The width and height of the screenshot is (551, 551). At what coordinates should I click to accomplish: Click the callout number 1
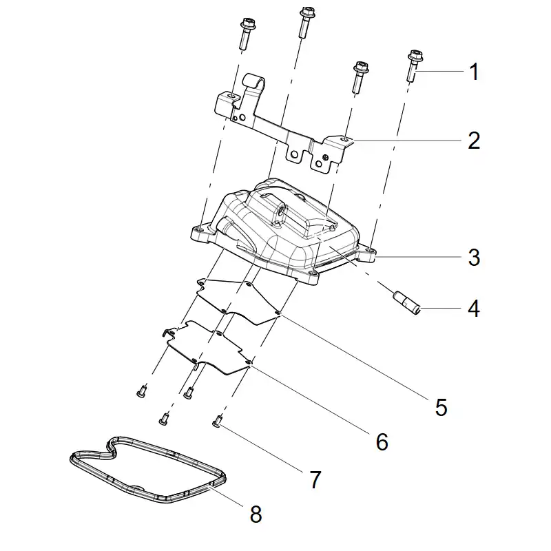[x=474, y=72]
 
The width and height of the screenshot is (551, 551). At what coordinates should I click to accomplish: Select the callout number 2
[x=474, y=141]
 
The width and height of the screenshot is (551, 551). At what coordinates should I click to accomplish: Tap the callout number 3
[x=474, y=257]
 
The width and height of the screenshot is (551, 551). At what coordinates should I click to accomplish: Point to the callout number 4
[x=474, y=309]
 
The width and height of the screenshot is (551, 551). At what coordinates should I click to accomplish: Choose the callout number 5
[x=441, y=407]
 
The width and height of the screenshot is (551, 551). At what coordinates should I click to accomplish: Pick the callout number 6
[x=382, y=441]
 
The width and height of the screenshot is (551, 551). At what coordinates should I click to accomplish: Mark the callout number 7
[x=315, y=479]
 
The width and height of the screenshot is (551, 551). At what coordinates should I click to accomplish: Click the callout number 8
[x=256, y=514]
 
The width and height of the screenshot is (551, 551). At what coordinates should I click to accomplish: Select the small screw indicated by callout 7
[x=217, y=421]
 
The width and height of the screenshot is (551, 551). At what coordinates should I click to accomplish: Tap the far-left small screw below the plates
[x=141, y=391]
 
